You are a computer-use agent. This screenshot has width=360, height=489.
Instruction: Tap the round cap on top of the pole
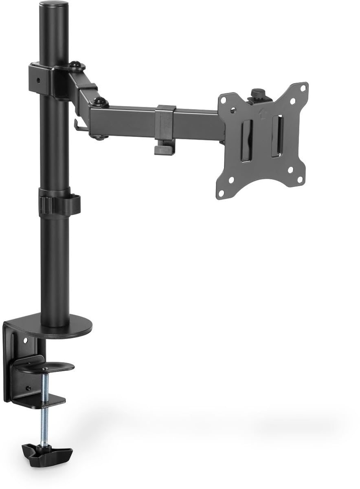pyautogui.click(x=54, y=7)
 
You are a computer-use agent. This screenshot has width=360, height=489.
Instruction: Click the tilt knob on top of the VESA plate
pyautogui.click(x=257, y=94)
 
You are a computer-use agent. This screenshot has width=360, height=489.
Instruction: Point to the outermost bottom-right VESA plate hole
pyautogui.click(x=299, y=180)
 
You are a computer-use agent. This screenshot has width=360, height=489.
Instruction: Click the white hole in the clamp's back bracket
pyautogui.click(x=25, y=339)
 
